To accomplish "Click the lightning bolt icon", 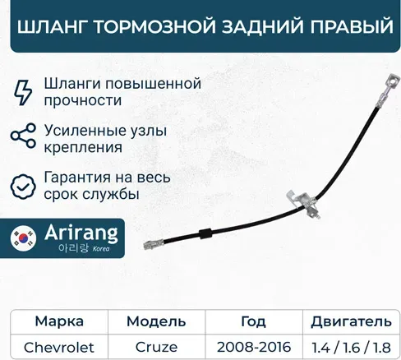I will click(x=25, y=90).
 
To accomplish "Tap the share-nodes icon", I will click(x=25, y=138).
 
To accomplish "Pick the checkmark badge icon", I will click(x=25, y=187).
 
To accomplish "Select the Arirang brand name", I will click(x=81, y=234).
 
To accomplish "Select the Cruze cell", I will click(x=156, y=346).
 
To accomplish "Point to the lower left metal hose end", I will click(x=154, y=244).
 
